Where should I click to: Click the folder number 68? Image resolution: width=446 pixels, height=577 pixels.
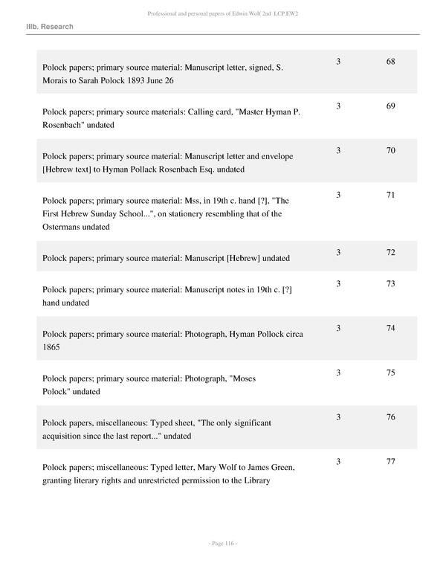click(x=390, y=61)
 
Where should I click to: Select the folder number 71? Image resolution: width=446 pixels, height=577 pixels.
click(x=390, y=195)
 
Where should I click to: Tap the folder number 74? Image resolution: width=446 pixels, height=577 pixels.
click(x=390, y=328)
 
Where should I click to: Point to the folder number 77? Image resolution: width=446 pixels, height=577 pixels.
click(x=390, y=462)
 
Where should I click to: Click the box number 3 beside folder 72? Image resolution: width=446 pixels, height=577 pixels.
click(x=338, y=253)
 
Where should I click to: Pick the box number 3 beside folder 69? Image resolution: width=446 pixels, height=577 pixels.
click(x=338, y=106)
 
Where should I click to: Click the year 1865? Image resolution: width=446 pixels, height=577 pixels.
click(x=51, y=347)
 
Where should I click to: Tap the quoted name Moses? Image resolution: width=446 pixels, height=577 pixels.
click(x=242, y=378)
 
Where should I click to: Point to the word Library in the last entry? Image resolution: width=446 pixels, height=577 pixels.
click(x=255, y=480)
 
